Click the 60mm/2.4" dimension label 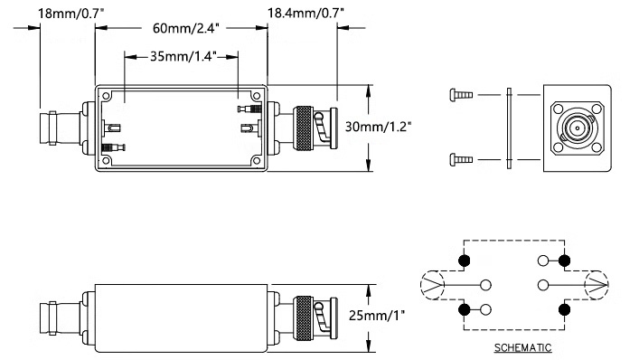pyautogui.click(x=186, y=29)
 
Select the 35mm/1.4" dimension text pyautogui.click(x=183, y=56)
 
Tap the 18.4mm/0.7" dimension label pyautogui.click(x=305, y=13)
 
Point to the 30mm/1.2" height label pyautogui.click(x=379, y=127)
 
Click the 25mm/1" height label pyautogui.click(x=377, y=315)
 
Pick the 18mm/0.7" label pyautogui.click(x=70, y=14)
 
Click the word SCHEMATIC pyautogui.click(x=522, y=347)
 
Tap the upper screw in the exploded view pyautogui.click(x=461, y=95)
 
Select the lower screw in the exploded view pyautogui.click(x=461, y=159)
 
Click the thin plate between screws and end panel pyautogui.click(x=510, y=128)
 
